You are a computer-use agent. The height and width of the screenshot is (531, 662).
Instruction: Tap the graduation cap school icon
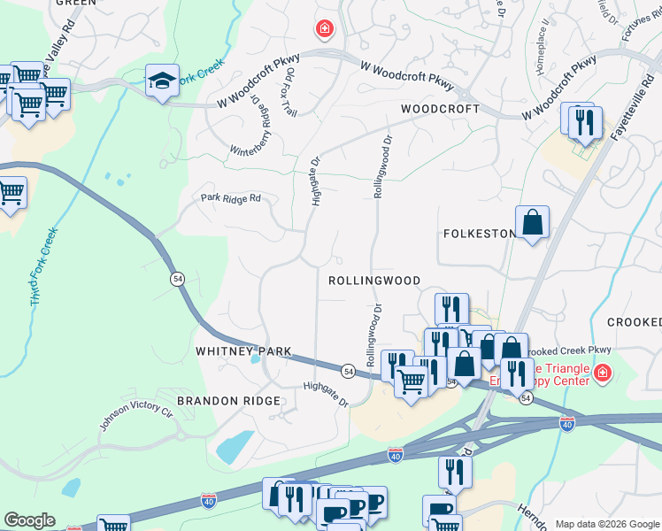click(x=163, y=81)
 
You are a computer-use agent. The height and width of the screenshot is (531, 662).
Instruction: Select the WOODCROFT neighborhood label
click(x=440, y=109)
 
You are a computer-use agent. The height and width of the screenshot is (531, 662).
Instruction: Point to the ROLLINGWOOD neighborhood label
click(x=374, y=280)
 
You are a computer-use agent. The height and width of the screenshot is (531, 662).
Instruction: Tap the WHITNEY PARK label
click(x=243, y=351)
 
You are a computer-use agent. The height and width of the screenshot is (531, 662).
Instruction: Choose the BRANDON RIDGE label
click(x=228, y=401)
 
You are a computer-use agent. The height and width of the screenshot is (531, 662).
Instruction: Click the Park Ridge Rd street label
click(x=231, y=198)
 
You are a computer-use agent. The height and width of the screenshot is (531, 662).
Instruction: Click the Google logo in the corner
click(x=29, y=520)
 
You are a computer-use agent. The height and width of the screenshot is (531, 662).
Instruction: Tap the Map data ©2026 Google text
click(x=606, y=524)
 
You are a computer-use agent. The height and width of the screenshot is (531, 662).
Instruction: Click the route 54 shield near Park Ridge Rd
click(x=179, y=279)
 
